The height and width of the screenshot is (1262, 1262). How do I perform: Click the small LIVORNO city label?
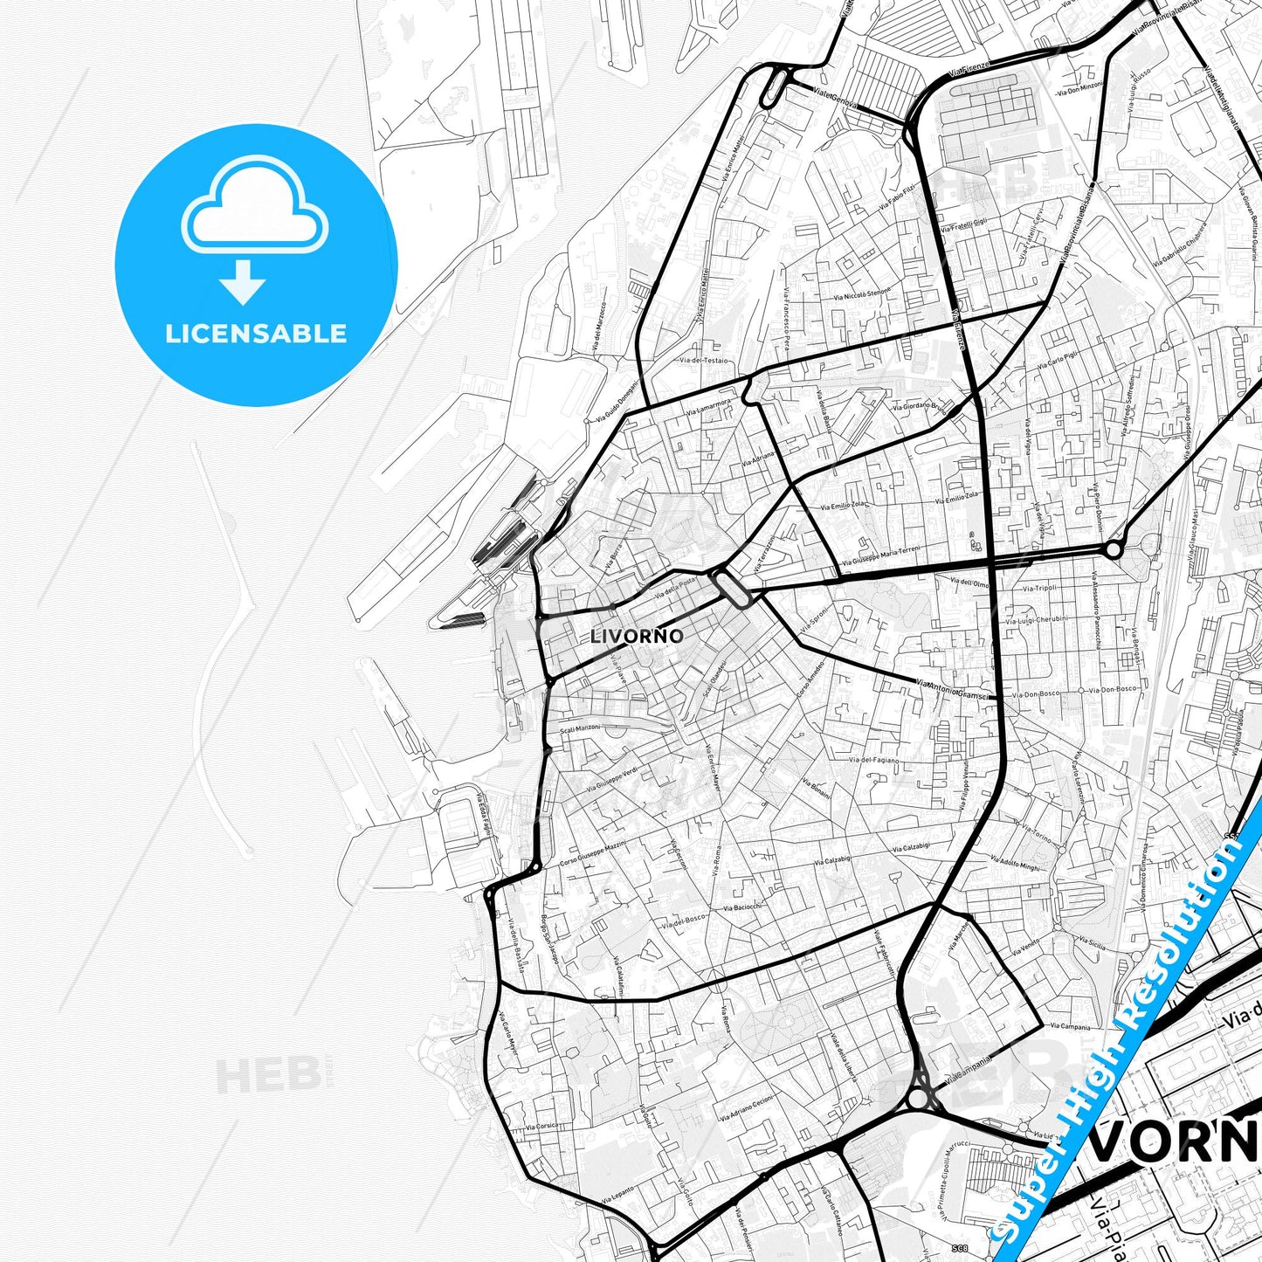click(x=637, y=636)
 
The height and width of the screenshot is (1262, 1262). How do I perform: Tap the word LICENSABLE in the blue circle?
click(x=256, y=334)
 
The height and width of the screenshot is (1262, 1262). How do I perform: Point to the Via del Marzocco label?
click(x=599, y=328)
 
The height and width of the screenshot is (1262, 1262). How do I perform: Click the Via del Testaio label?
click(x=703, y=360)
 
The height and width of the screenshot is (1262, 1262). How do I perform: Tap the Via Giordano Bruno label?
click(x=919, y=406)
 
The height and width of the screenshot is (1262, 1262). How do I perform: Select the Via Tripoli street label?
click(x=1039, y=589)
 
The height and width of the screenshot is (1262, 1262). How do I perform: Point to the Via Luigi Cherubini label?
click(x=1037, y=619)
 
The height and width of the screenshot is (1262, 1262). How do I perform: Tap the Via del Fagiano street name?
click(x=873, y=760)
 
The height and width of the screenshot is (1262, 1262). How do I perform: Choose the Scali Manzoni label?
click(x=581, y=728)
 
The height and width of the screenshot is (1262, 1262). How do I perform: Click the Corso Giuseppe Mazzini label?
click(x=593, y=855)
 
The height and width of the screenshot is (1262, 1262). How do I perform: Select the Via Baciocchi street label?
click(x=742, y=907)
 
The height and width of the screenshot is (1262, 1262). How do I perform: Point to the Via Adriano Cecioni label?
click(x=746, y=1108)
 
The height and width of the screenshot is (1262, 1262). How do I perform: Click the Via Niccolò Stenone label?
click(x=862, y=294)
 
